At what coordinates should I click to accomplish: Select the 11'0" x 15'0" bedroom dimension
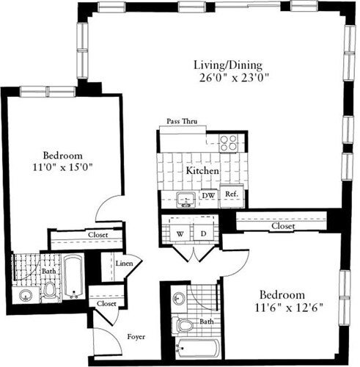click(x=62, y=167)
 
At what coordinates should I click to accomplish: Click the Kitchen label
click(x=202, y=170)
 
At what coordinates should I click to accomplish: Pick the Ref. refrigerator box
click(x=230, y=195)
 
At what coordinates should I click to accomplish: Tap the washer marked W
click(x=178, y=233)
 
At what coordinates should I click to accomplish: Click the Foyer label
click(x=136, y=337)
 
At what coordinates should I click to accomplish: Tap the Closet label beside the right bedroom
click(x=282, y=227)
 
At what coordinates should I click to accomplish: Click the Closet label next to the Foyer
click(x=107, y=302)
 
